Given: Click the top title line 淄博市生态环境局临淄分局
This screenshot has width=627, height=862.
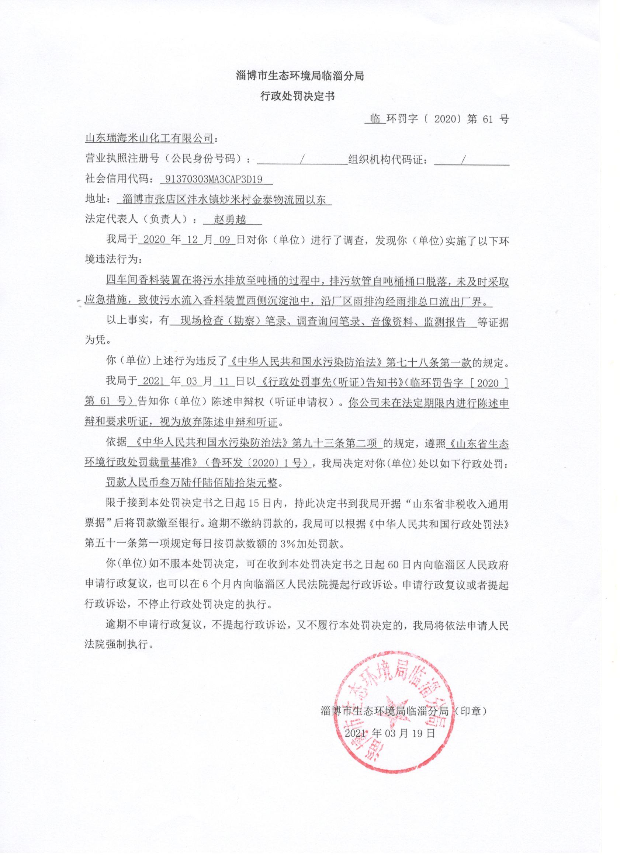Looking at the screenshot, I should click(x=300, y=76).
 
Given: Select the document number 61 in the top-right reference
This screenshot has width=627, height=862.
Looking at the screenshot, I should click(x=488, y=119).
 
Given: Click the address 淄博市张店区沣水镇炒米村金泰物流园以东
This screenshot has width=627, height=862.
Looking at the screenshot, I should click(x=225, y=199).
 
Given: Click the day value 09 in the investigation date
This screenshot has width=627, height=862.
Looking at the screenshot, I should click(x=225, y=240).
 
